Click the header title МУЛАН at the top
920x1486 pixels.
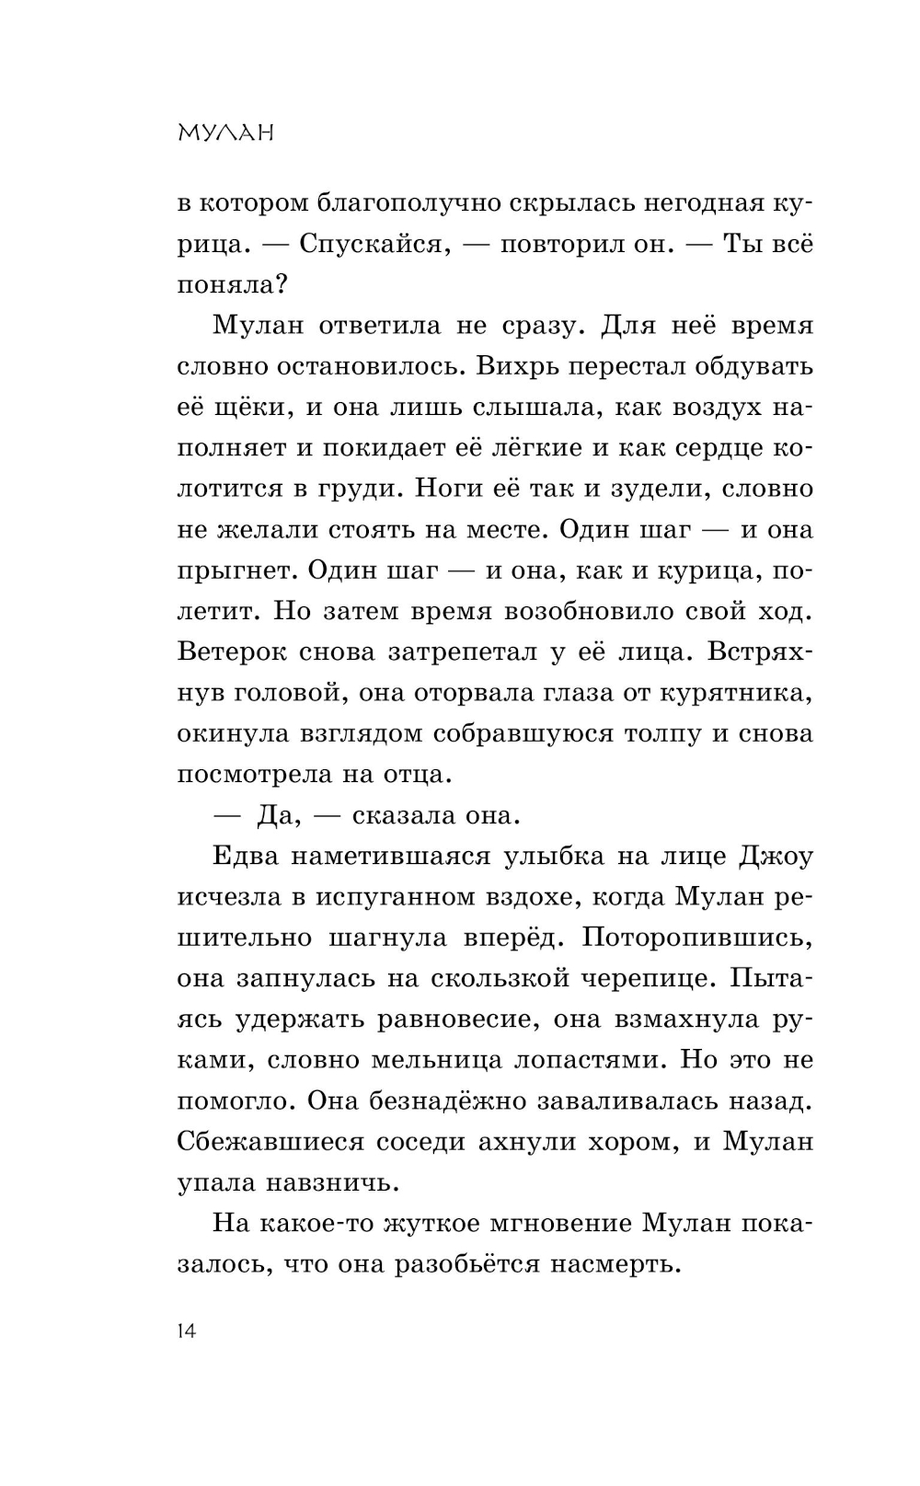(226, 133)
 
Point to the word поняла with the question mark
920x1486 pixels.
(233, 285)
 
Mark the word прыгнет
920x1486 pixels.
(234, 570)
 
